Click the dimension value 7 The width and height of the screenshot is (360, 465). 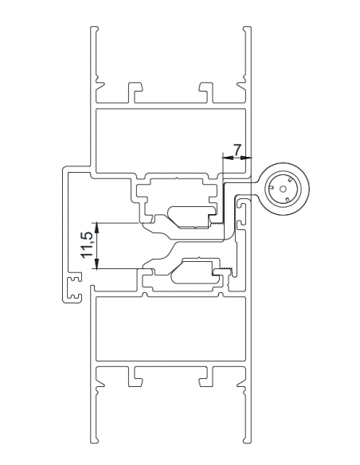point(237,148)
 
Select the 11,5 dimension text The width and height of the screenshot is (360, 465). point(88,245)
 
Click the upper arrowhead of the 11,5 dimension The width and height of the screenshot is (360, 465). point(96,225)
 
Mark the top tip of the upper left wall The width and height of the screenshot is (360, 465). point(95,29)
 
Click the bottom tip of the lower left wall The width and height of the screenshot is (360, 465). point(95,439)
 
